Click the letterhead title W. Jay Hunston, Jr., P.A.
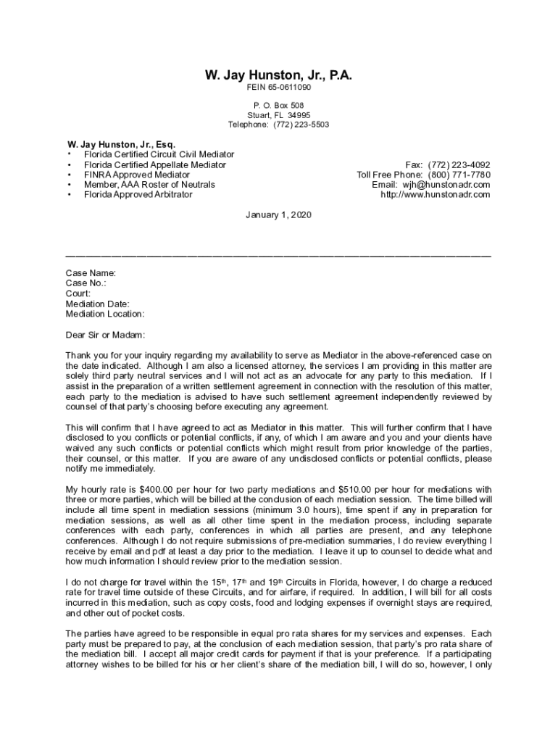pos(278,75)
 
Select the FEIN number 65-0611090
pos(289,88)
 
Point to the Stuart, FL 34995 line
pos(278,115)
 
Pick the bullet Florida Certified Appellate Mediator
pos(154,164)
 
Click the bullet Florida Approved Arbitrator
pos(138,195)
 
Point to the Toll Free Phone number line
pos(423,175)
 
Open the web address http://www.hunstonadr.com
pos(436,195)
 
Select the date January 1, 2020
pos(278,215)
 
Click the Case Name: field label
pos(91,273)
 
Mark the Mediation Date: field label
pos(98,304)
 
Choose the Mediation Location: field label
pos(105,314)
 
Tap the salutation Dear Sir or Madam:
pos(105,335)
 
